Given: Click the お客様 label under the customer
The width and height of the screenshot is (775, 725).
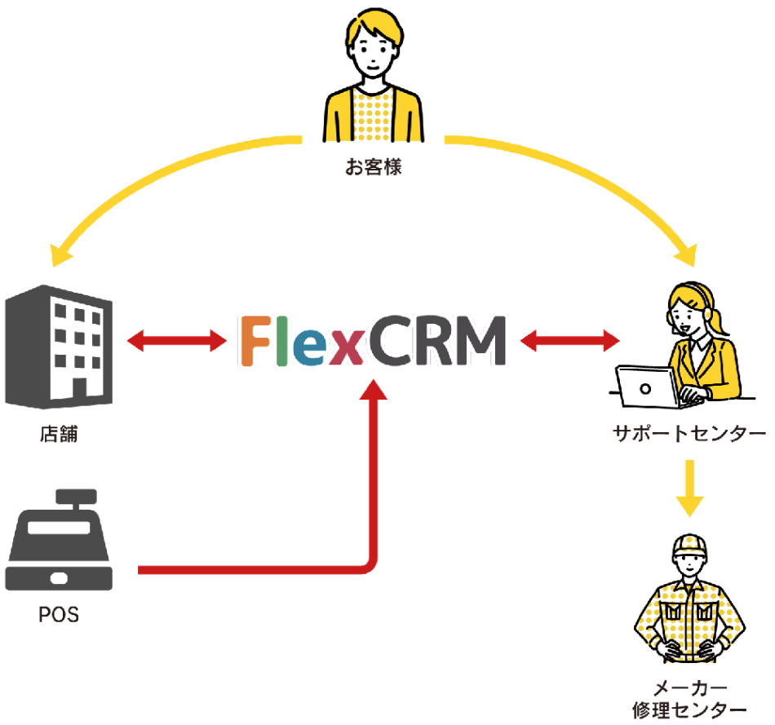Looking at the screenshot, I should click(x=373, y=170).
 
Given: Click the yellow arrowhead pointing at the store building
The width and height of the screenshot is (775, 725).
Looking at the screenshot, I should click(x=62, y=255).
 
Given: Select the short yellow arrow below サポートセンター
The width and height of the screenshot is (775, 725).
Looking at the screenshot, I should click(x=690, y=488).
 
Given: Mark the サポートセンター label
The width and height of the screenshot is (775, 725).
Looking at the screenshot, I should click(x=689, y=434).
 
